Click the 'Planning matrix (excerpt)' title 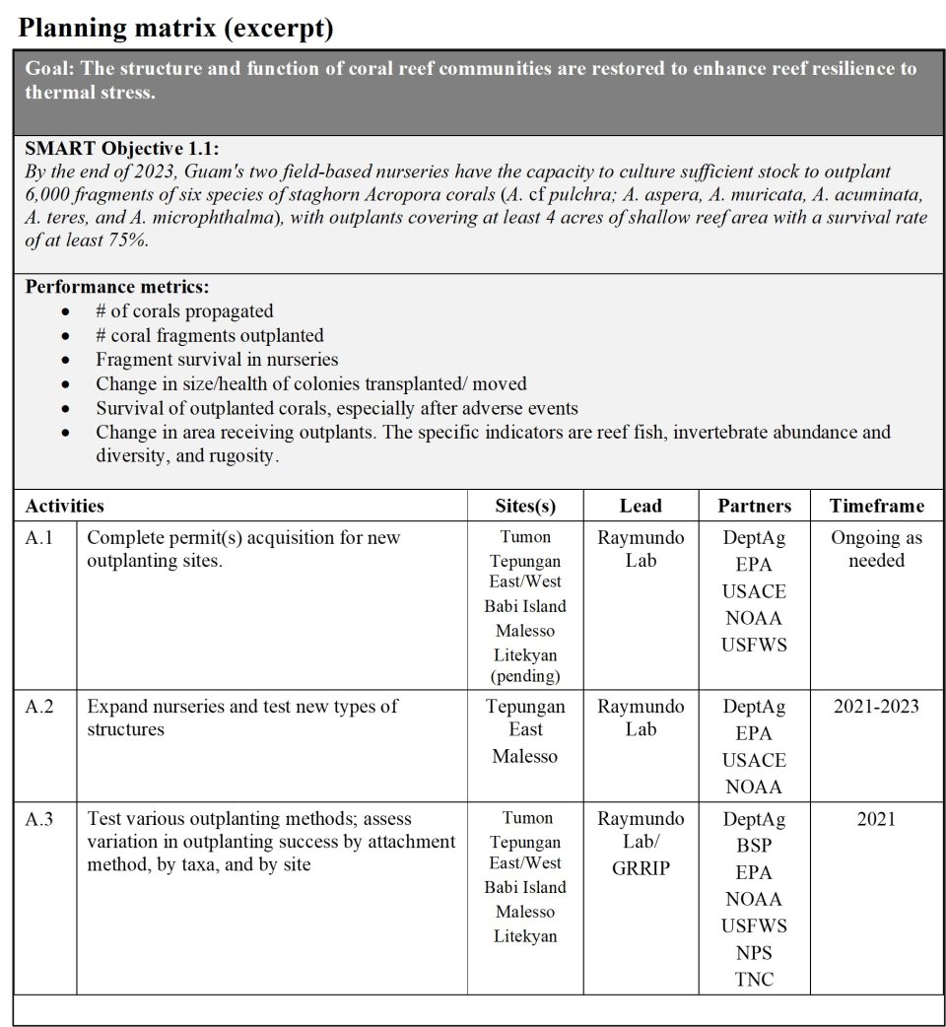click(x=175, y=29)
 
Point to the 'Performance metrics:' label click(x=117, y=287)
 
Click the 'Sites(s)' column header click(x=525, y=506)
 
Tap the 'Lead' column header click(x=641, y=506)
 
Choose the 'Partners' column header click(x=754, y=506)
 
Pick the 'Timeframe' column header click(x=876, y=506)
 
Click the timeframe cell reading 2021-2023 click(x=876, y=707)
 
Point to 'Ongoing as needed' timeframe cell click(x=876, y=549)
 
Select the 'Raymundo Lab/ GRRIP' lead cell click(x=641, y=844)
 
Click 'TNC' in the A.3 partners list click(x=754, y=980)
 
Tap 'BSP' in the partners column click(x=754, y=846)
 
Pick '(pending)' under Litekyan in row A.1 click(x=525, y=676)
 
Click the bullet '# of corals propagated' click(x=184, y=311)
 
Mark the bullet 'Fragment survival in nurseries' click(x=217, y=360)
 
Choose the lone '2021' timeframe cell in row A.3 click(x=876, y=819)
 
